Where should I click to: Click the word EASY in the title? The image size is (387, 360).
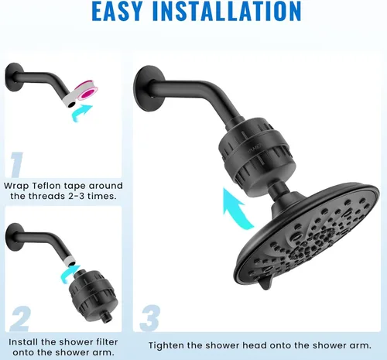point(117,11)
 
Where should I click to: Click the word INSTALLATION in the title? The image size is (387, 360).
point(227,11)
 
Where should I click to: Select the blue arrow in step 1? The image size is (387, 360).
point(80,112)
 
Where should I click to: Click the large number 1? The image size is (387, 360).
point(17,165)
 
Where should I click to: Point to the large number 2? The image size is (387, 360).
point(20,318)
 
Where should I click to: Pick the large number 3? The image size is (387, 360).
point(150,317)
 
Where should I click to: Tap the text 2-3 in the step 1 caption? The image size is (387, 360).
point(77,196)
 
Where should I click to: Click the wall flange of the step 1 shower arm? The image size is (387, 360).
point(14,77)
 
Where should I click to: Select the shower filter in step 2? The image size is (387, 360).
point(94,296)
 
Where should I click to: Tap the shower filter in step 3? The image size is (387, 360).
point(257,156)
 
